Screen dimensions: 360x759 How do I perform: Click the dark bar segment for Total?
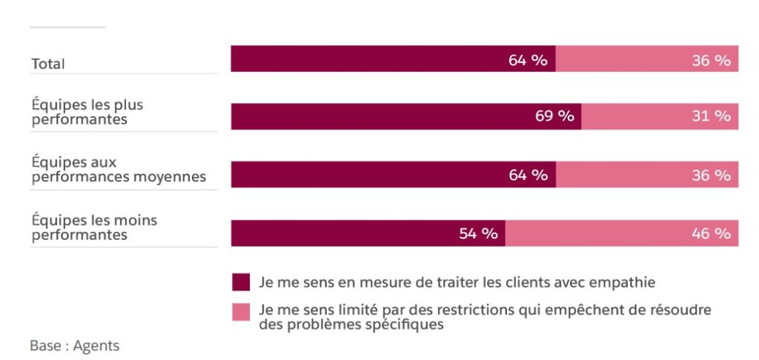point(371,59)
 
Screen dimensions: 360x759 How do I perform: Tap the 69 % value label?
point(554,116)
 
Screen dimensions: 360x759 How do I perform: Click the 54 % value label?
point(478,233)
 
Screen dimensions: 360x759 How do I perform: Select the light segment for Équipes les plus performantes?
point(637,116)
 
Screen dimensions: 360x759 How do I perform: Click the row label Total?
point(48,64)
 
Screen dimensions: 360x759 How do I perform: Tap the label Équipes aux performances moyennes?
point(119,170)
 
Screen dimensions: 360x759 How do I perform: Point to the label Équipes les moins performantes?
point(94,227)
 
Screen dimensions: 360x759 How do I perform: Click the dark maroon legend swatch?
point(241,282)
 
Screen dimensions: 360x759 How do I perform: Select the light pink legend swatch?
point(241,311)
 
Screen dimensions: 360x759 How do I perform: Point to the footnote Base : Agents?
point(74,345)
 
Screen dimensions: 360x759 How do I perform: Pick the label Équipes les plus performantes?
point(87,112)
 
